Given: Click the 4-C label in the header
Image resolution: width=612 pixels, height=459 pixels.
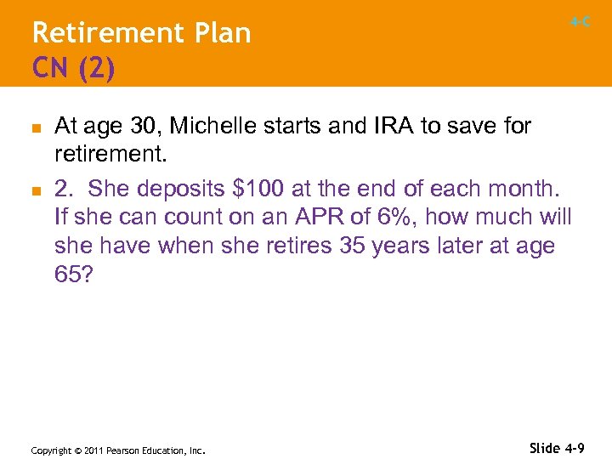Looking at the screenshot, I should [581, 22].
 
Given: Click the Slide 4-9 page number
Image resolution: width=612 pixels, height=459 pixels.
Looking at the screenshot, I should [558, 448].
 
